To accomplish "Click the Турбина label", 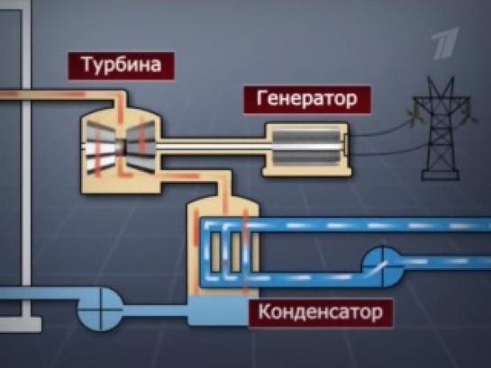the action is click(x=122, y=66).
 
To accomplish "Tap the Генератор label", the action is click(x=307, y=100).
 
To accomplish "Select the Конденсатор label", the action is click(x=321, y=312).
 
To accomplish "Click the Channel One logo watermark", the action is click(x=445, y=43).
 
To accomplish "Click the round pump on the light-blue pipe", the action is click(x=100, y=310).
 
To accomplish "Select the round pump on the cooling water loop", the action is click(x=383, y=266).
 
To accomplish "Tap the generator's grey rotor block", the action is click(x=306, y=148).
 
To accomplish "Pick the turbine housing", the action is click(x=121, y=150).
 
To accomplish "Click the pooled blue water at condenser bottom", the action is click(x=219, y=310).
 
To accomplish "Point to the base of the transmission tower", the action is click(x=441, y=175).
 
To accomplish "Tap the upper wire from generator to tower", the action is click(x=380, y=130).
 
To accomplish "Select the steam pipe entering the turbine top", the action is click(x=63, y=95).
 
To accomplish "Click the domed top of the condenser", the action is click(x=223, y=205).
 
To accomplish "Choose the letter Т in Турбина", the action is click(x=88, y=64).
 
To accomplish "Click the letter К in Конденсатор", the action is click(x=265, y=311).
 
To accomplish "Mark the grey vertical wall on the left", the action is click(x=26, y=147).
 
